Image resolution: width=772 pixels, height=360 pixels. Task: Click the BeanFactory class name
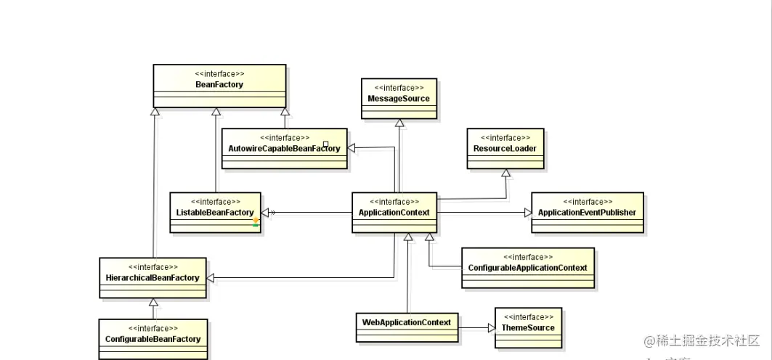tap(219, 85)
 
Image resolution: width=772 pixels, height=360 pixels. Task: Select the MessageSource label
tap(399, 99)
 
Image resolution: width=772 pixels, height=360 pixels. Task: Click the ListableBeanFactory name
tap(215, 213)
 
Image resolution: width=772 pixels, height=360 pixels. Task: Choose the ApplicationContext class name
tap(394, 213)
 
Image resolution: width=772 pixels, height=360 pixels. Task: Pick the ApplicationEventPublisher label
tap(587, 213)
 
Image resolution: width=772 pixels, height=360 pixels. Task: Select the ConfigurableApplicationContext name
tap(528, 268)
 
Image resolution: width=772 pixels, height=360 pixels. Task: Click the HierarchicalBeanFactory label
tap(153, 277)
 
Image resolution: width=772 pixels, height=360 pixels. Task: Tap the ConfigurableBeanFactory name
tap(153, 339)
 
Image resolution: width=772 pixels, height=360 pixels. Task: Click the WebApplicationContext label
tap(407, 322)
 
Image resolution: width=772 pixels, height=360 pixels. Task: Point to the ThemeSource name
tap(528, 328)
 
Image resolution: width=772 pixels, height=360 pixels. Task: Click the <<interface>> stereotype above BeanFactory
tap(219, 73)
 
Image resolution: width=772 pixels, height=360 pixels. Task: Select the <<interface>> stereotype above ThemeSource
tap(528, 317)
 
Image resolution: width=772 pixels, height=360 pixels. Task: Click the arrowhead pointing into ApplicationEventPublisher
tap(527, 213)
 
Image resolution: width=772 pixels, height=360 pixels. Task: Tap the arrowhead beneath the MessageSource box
tap(399, 123)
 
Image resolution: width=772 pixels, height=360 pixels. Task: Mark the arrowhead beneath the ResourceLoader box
tap(505, 173)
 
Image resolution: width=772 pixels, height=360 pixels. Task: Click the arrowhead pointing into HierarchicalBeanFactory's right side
tap(212, 277)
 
